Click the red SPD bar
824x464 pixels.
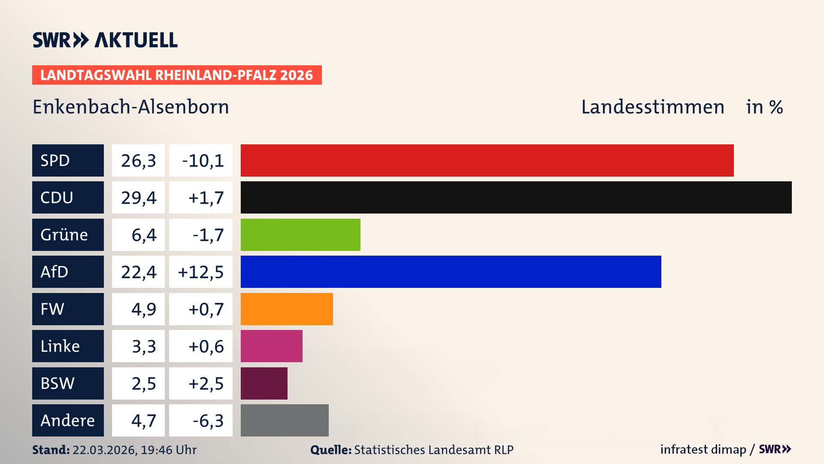(x=487, y=160)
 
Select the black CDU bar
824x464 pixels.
(x=516, y=197)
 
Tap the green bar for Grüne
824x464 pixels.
(x=300, y=235)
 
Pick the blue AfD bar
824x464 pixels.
(x=451, y=272)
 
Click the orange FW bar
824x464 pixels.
(x=287, y=309)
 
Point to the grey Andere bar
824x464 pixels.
(x=285, y=420)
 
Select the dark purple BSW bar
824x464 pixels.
(x=264, y=383)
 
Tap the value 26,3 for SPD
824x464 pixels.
(x=138, y=160)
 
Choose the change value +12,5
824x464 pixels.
(x=201, y=272)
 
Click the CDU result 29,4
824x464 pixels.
(x=138, y=197)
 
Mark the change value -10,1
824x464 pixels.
(x=203, y=160)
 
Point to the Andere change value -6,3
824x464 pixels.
(x=208, y=420)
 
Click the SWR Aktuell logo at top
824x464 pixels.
(x=105, y=40)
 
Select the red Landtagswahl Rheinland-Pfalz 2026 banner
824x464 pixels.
(x=177, y=75)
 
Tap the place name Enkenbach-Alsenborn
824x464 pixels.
(x=131, y=107)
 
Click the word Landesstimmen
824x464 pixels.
(x=652, y=107)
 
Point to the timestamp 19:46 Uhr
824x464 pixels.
(x=168, y=450)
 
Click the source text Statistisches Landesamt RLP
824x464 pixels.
(x=433, y=450)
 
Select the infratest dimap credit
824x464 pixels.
(x=703, y=449)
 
